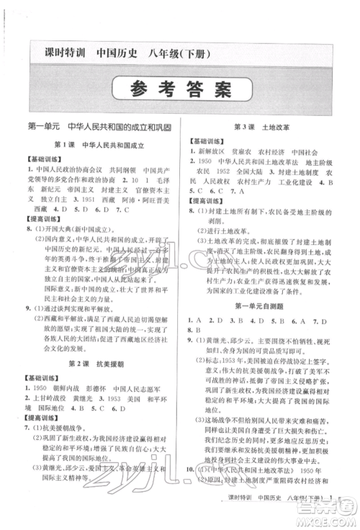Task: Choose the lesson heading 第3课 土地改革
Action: (262, 127)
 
